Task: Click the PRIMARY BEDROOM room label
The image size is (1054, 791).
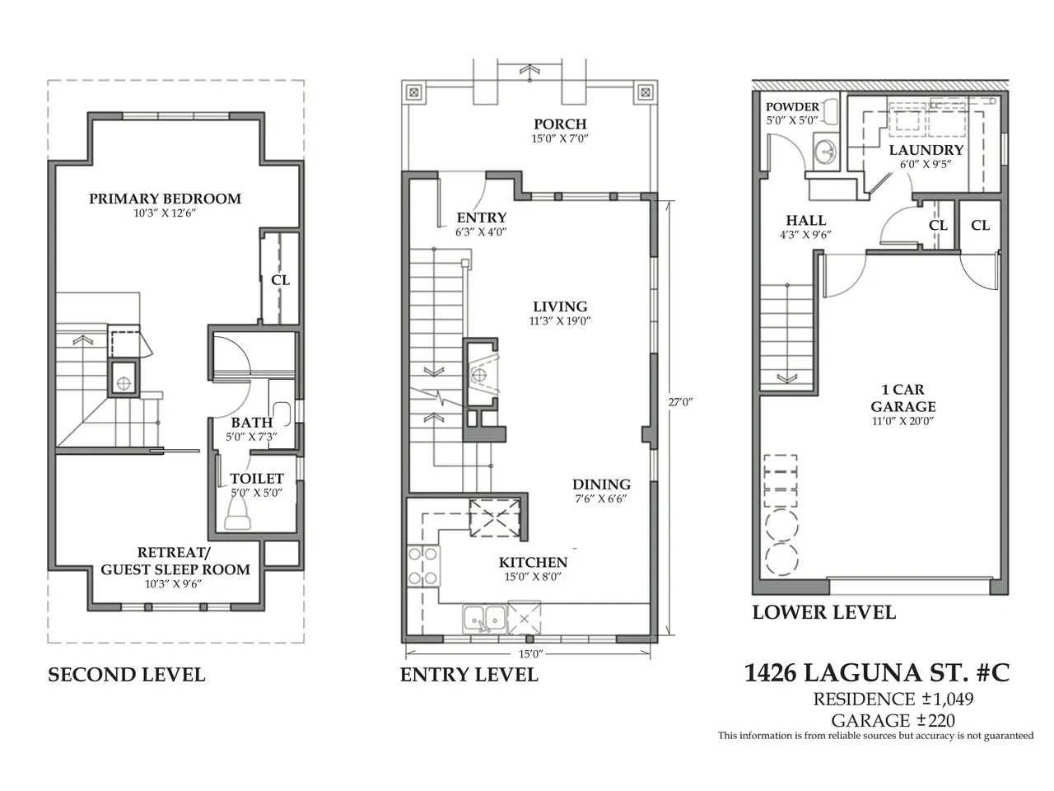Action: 165,199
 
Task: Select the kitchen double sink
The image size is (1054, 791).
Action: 484,619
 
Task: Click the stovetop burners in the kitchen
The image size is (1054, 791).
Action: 423,566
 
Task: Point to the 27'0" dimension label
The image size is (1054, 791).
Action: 680,402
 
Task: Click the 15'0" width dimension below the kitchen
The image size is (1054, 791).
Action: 530,653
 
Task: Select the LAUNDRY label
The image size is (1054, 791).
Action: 926,150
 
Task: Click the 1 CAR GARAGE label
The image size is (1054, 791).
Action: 902,398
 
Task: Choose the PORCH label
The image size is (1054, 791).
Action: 560,124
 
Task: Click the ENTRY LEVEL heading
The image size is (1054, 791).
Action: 469,675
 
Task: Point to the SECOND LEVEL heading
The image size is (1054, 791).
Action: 126,675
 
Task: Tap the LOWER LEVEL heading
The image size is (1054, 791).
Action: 823,612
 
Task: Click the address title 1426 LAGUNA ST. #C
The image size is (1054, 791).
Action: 876,672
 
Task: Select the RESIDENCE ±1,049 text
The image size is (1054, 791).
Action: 893,700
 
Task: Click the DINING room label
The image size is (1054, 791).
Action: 601,484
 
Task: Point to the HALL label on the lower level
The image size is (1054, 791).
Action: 806,221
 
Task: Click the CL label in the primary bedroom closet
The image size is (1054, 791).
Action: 281,280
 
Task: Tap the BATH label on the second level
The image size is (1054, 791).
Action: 252,423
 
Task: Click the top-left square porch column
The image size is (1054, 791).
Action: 414,92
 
